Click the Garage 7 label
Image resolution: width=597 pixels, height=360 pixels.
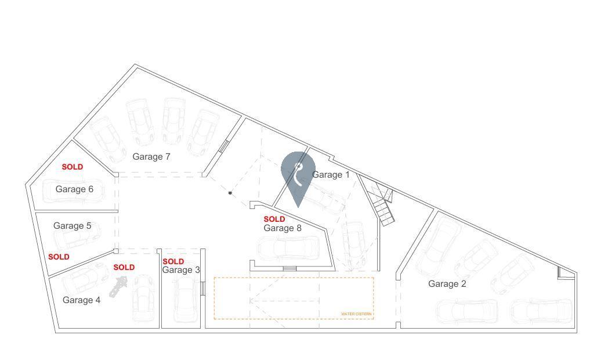coord(151,156)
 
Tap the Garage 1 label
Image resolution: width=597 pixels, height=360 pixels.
coord(331,174)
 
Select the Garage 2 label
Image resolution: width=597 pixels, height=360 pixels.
coord(447,284)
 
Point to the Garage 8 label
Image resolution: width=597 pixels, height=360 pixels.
coord(283,228)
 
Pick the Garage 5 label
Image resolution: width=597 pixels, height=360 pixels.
coord(72,226)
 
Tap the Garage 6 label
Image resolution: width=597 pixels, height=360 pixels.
coord(74,189)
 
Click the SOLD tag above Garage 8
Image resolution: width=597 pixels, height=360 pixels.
coord(274,219)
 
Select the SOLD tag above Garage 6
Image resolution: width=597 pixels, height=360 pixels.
coord(73,167)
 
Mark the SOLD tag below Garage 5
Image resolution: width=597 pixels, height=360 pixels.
coord(59,257)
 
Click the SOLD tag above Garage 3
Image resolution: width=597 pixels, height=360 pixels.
coord(173,261)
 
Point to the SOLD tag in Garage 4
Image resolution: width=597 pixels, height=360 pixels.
coord(124,268)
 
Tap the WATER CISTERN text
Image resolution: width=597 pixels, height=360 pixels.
coord(356,314)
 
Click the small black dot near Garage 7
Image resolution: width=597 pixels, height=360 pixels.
coord(230,193)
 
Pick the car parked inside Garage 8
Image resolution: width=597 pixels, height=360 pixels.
coord(288,248)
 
